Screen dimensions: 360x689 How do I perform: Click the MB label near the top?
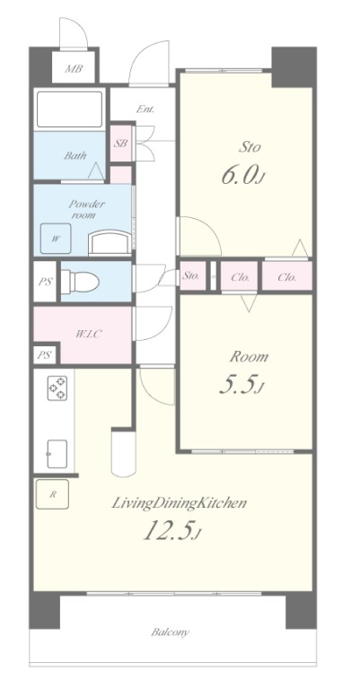[74, 69]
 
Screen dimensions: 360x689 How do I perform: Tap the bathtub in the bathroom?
[69, 109]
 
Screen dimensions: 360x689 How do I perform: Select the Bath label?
[75, 155]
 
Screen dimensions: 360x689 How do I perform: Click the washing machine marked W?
[56, 239]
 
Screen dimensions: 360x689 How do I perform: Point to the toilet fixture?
[80, 281]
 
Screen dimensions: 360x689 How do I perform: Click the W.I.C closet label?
[88, 334]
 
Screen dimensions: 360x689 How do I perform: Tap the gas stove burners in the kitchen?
[57, 388]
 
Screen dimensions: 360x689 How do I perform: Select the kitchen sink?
[57, 454]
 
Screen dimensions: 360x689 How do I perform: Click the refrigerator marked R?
[52, 494]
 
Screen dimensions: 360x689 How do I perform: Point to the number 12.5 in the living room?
[169, 531]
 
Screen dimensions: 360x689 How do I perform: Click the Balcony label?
[170, 632]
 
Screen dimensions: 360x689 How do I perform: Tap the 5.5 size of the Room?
[237, 385]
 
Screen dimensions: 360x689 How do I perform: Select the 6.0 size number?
[239, 175]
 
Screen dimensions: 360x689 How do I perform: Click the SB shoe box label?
[121, 144]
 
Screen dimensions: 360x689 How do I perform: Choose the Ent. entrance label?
[145, 109]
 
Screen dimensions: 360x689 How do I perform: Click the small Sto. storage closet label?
[191, 276]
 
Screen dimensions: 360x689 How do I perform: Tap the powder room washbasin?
[110, 243]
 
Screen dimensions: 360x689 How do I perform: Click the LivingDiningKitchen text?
[179, 503]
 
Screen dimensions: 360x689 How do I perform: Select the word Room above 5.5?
[249, 357]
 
